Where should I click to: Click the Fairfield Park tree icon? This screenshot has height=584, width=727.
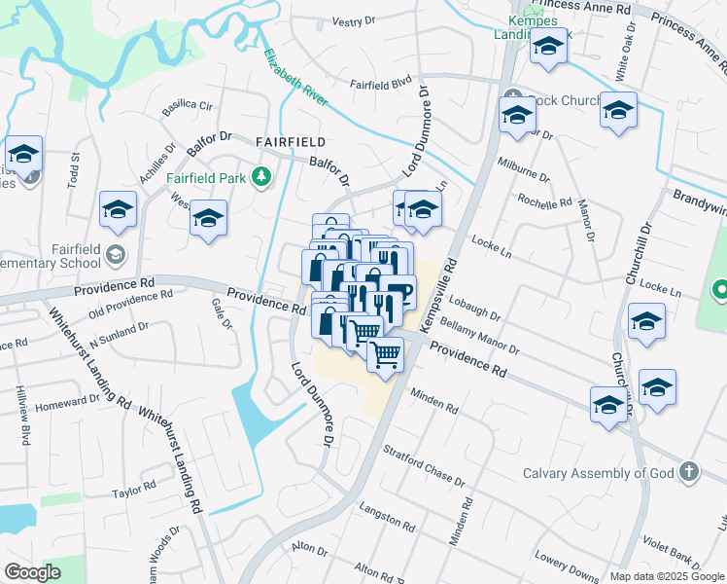coord(260,177)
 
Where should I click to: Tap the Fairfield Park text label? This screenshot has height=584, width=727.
coord(206,178)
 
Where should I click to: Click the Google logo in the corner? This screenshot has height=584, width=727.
coord(33,572)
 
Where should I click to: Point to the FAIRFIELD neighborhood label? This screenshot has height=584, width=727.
coord(290,141)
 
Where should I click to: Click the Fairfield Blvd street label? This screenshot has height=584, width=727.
coord(382,85)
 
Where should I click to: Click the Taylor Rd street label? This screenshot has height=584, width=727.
coord(133,489)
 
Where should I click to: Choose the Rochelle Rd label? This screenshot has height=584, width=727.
coord(545,202)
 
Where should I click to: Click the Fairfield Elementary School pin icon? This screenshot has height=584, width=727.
coord(117,255)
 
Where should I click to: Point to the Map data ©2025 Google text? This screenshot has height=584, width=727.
coord(666,576)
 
